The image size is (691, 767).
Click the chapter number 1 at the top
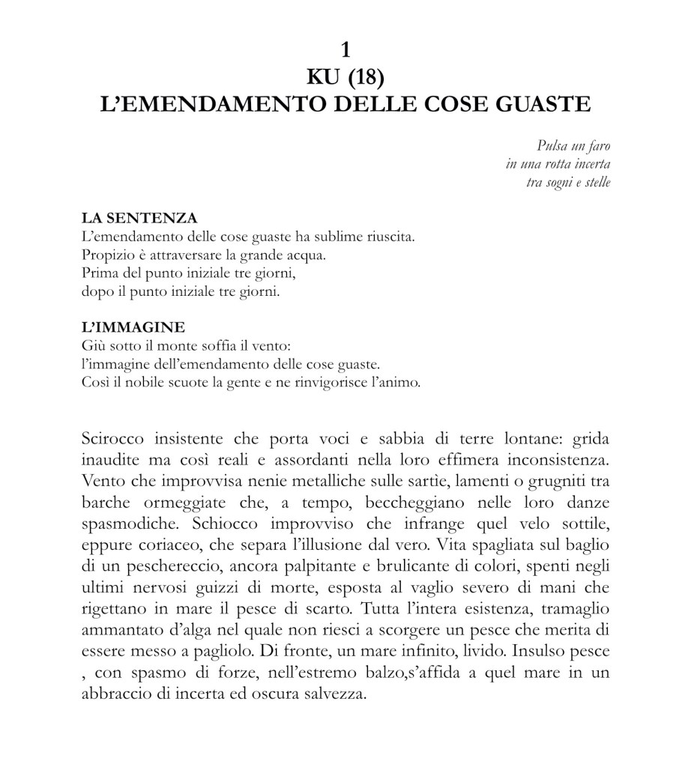[x=345, y=50]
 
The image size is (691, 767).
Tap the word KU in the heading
[x=323, y=76]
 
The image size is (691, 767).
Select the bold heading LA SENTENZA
[x=139, y=219]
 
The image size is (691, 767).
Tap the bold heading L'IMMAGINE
[x=132, y=328]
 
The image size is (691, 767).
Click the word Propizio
[x=106, y=255]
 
